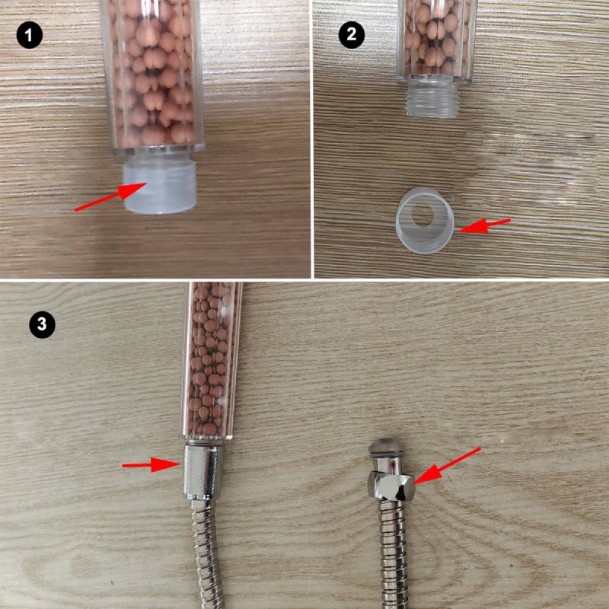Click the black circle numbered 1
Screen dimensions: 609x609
click(30, 35)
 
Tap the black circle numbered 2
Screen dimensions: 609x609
click(352, 35)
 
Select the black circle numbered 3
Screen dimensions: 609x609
click(43, 324)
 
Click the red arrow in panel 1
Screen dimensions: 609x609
click(110, 196)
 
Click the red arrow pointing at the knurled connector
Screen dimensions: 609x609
click(151, 464)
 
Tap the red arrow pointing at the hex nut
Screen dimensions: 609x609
click(448, 466)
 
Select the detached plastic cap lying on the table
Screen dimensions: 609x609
click(425, 220)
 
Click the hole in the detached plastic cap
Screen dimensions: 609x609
click(422, 215)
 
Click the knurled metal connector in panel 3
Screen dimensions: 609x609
click(202, 472)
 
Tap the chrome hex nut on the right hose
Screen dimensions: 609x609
click(391, 486)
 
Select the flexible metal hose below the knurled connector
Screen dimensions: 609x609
click(208, 554)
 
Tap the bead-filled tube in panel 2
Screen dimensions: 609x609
click(436, 41)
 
